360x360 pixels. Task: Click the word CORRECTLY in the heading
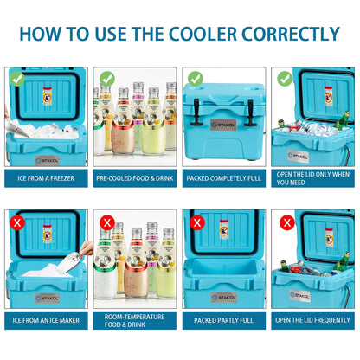295,34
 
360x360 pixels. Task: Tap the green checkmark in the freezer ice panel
16,78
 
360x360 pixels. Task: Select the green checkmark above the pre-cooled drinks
107,78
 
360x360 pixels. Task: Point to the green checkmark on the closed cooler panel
196,78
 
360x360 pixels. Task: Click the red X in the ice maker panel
16,222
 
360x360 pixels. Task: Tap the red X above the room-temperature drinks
107,222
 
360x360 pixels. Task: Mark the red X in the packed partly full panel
196,222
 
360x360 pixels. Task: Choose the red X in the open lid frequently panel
286,222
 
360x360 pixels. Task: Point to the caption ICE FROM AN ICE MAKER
46,321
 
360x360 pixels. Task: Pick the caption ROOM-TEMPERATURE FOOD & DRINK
135,321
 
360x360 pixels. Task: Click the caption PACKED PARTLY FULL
224,321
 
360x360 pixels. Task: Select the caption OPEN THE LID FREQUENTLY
313,321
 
